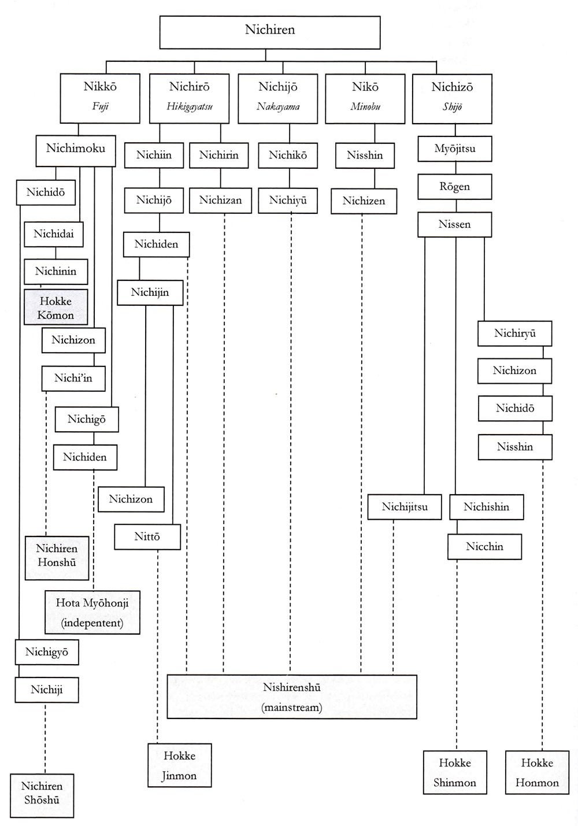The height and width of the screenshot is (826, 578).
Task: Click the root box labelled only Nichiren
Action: coord(270,32)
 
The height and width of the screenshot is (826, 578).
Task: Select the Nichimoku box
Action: coord(76,149)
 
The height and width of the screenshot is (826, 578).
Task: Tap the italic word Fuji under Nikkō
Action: coord(101,106)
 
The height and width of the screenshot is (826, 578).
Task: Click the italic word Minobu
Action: coord(365,106)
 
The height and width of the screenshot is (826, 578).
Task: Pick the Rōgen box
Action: coord(455,187)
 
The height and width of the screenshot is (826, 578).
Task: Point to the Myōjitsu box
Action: coord(455,149)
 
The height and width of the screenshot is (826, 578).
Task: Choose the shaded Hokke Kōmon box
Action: coord(55,308)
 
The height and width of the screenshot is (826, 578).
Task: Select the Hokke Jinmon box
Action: coord(179,765)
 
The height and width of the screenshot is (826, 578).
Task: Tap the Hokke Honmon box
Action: coord(537,772)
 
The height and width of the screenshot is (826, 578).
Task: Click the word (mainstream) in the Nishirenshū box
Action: coord(292,707)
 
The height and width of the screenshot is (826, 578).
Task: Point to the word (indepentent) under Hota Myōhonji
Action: coord(92,623)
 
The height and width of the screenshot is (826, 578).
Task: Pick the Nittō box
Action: coord(147,536)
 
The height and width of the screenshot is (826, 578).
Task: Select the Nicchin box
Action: coord(484,546)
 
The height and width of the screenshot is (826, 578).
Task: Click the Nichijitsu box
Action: coord(405,507)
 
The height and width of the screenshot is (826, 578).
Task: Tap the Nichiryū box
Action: coord(514,334)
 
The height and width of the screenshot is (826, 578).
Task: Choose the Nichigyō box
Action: coord(47,652)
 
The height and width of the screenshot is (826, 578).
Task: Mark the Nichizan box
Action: coord(220,201)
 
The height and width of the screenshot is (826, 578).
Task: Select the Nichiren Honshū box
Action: coord(57,556)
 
